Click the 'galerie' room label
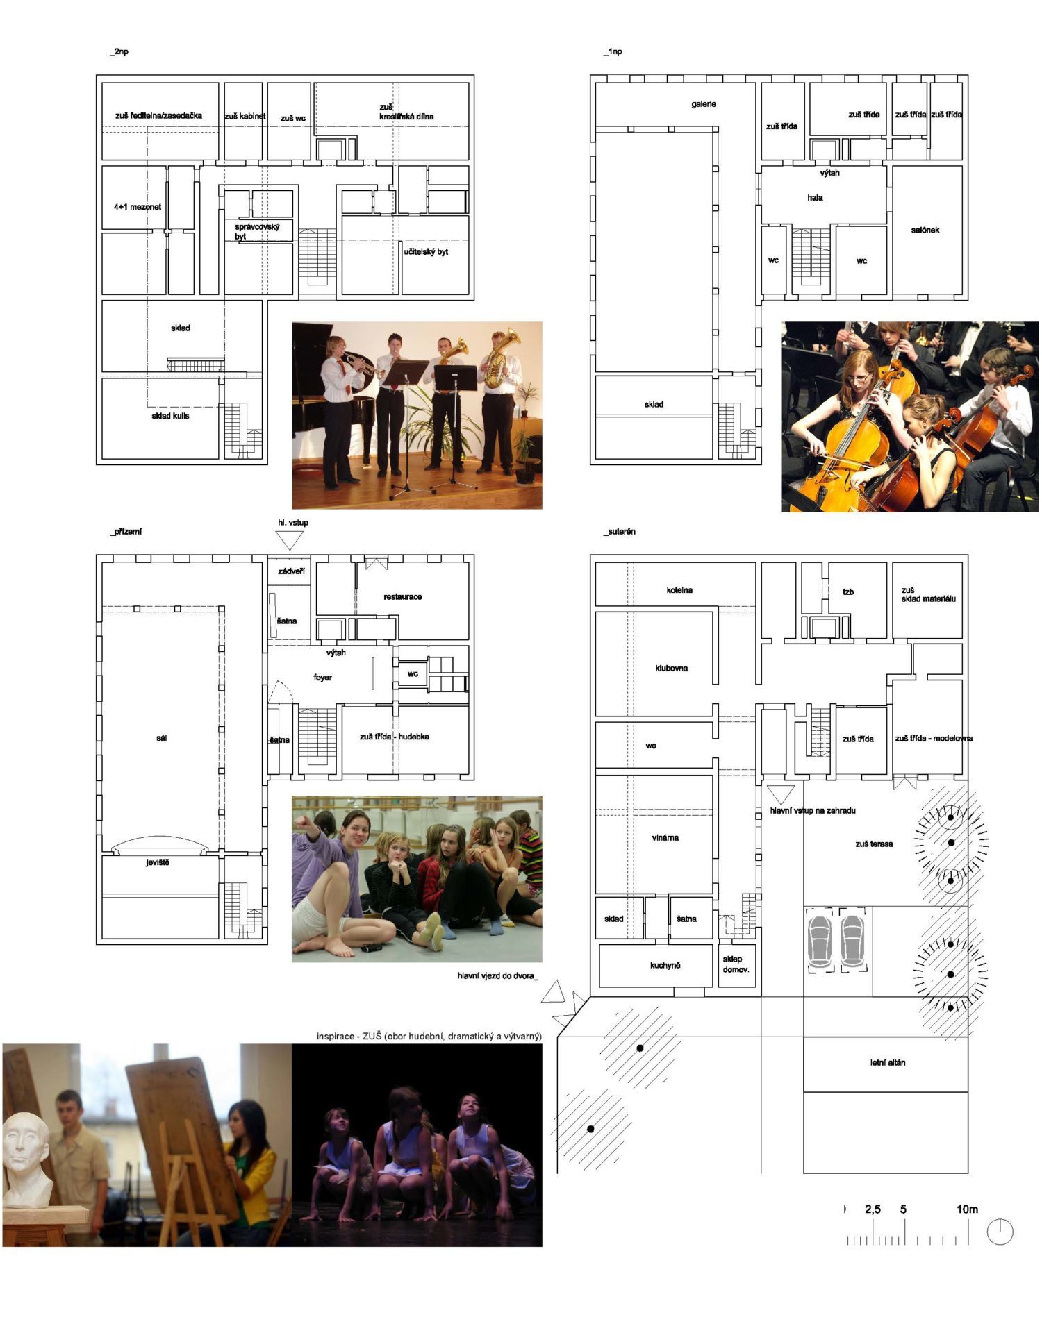coord(703,104)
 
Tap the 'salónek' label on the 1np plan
coord(925,230)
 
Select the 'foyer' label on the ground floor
coord(322,677)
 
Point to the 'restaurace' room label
coord(402,596)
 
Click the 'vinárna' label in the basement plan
coord(665,837)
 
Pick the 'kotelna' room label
coord(679,590)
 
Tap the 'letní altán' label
coord(887,1062)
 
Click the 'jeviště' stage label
coord(158,862)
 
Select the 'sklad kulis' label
coord(170,416)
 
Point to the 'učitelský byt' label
coord(426,251)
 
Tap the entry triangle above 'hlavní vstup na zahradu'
coord(780,794)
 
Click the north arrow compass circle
coord(1000,1232)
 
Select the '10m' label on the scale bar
coord(967,1209)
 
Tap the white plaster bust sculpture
coord(27,1160)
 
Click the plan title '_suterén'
coord(620,531)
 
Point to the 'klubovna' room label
coord(671,668)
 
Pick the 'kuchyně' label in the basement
coord(665,965)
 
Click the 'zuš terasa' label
coord(874,844)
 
